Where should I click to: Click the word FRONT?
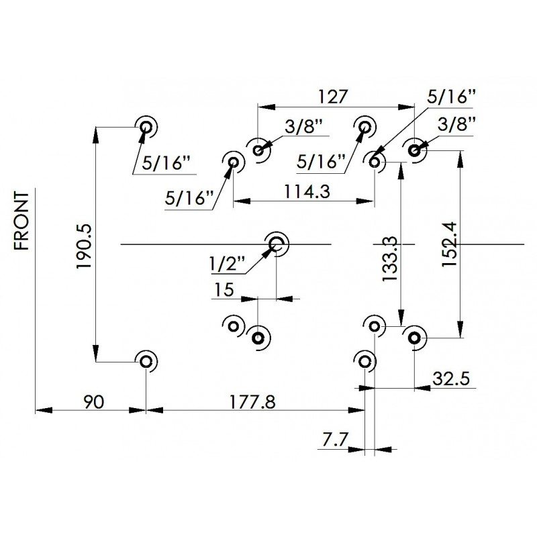21,221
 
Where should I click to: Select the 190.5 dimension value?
84,246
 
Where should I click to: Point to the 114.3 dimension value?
307,191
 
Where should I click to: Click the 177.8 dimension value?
252,401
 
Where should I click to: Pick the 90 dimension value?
93,401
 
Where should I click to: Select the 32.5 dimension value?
450,379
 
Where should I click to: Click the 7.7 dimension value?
335,440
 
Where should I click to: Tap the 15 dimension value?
224,290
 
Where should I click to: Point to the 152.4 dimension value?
449,244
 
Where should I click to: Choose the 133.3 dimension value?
389,259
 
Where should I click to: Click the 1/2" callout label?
228,264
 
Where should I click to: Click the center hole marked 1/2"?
276,244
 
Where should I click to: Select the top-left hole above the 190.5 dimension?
146,127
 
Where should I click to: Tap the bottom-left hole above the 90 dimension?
146,361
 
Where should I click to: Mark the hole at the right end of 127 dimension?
414,150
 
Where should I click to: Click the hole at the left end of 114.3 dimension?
233,162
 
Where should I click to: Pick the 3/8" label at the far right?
457,125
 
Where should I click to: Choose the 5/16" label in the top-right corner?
452,97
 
